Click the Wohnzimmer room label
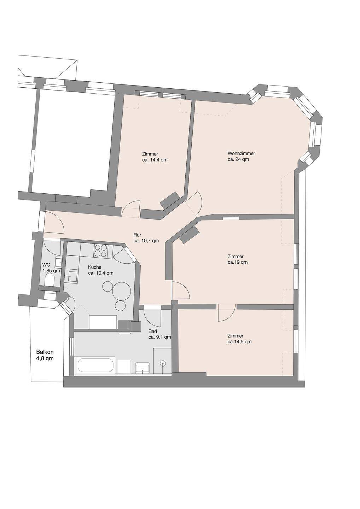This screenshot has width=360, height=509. tap(241, 153)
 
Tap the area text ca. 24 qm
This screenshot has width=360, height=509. tap(238, 159)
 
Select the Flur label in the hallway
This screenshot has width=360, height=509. tap(137, 235)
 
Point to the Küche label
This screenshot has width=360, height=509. tap(94, 267)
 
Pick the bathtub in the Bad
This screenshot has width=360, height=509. tap(96, 365)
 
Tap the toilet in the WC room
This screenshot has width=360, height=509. tap(49, 280)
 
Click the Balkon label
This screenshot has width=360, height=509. tap(45, 352)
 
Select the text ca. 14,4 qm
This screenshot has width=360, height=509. tap(155, 160)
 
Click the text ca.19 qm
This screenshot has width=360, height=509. tap(238, 262)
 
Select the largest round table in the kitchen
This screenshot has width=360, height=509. tap(121, 291)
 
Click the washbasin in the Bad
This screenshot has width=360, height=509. tap(142, 368)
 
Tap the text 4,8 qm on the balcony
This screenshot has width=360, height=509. tap(45, 359)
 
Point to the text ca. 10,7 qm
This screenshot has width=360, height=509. tap(146, 241)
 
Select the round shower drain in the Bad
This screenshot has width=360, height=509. tap(163, 363)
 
